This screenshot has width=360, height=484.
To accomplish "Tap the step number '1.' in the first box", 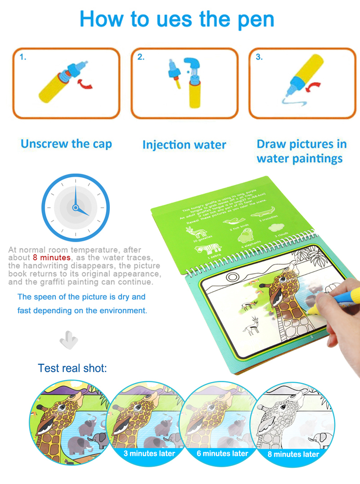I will click(x=23, y=57).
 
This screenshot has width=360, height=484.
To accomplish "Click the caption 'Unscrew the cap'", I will click(x=66, y=144).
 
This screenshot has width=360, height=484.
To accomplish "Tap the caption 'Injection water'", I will click(x=184, y=145).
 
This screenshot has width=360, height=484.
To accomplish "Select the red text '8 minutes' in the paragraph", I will click(x=52, y=258).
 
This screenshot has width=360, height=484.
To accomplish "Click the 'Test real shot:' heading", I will click(x=72, y=368).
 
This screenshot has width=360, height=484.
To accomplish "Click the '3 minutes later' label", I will click(x=149, y=453).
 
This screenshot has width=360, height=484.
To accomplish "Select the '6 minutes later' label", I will click(x=222, y=453).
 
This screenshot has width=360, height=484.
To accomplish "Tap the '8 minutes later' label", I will click(x=293, y=454).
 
